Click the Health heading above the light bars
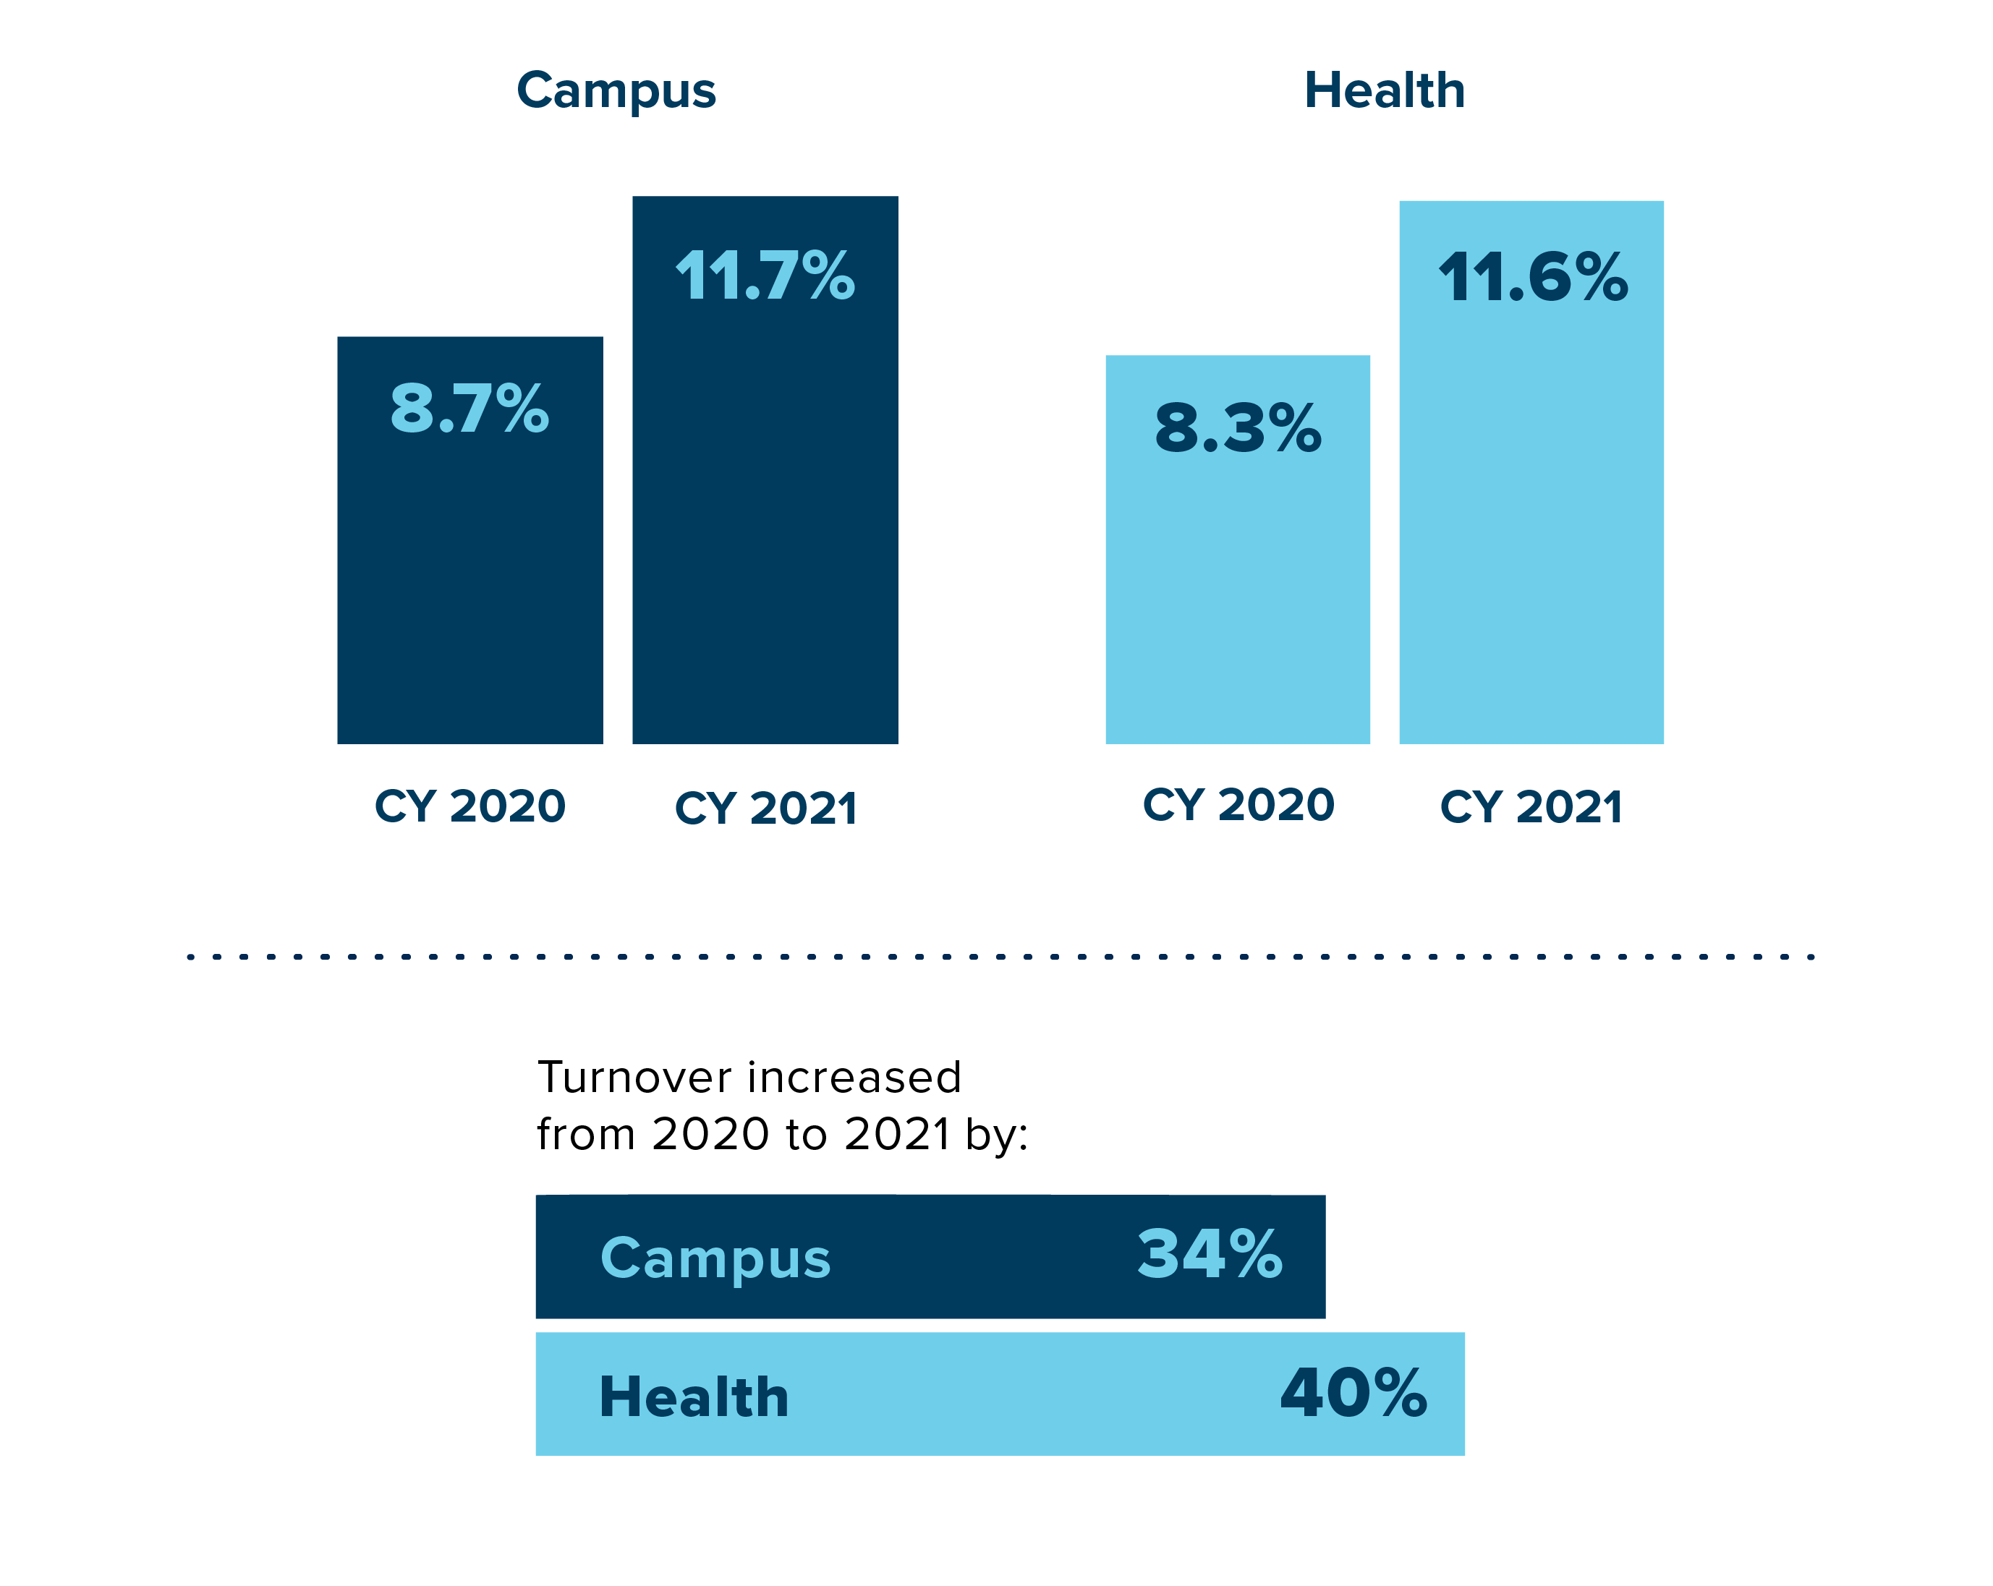1384,90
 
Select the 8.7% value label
469,409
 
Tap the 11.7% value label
765,276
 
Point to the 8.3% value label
1238,428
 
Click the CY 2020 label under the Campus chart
469,806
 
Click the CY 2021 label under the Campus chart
765,808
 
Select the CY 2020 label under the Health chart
1238,804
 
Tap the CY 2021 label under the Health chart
1531,807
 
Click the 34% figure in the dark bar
1209,1254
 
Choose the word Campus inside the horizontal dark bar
715,1259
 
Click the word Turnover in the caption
635,1078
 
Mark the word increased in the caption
855,1078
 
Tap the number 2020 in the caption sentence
710,1134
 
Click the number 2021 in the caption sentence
898,1134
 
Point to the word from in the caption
586,1134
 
